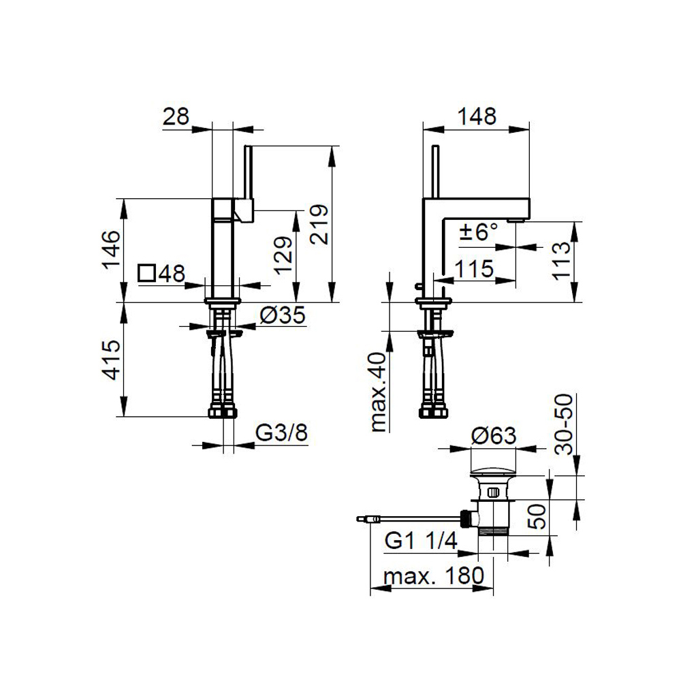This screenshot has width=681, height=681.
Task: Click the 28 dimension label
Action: click(x=176, y=116)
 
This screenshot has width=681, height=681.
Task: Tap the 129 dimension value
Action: click(x=283, y=255)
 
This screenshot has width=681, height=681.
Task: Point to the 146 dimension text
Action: click(x=111, y=250)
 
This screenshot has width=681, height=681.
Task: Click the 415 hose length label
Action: click(x=111, y=360)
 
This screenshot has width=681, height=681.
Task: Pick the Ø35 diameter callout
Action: click(x=283, y=315)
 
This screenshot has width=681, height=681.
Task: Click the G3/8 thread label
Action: click(x=281, y=432)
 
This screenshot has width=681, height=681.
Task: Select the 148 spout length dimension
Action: click(x=477, y=116)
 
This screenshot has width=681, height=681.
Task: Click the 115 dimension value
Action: click(x=474, y=269)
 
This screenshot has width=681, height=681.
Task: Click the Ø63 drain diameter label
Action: click(x=494, y=436)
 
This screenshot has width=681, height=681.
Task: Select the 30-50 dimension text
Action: click(x=564, y=424)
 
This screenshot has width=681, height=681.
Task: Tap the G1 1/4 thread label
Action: click(x=421, y=541)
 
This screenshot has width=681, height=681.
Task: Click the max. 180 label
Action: click(x=433, y=576)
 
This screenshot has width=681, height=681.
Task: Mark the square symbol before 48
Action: click(x=147, y=273)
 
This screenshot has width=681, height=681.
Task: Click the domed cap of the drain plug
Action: click(x=493, y=471)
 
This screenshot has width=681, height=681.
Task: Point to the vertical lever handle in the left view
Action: click(x=249, y=172)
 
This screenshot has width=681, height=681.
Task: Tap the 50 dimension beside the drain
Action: click(x=539, y=516)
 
